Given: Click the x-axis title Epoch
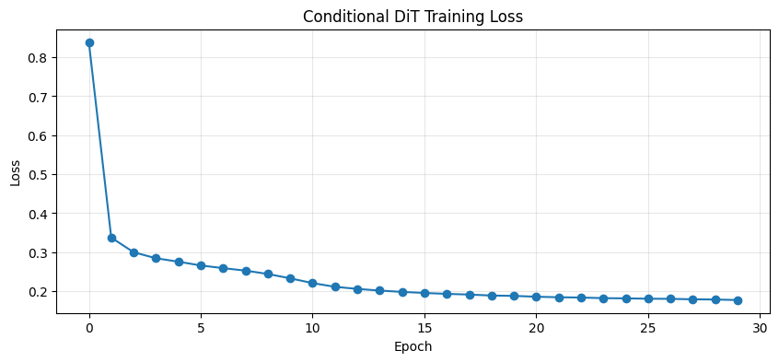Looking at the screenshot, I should [x=413, y=347].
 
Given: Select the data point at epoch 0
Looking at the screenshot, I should [x=89, y=42].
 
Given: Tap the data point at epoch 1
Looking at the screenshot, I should [x=111, y=238].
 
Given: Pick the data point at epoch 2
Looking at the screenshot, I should [x=134, y=252].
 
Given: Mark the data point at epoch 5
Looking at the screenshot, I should [x=201, y=265].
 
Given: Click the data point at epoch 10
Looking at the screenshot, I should [x=312, y=283].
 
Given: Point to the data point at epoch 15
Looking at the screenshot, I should [x=424, y=293].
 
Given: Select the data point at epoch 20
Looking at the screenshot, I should [x=536, y=297].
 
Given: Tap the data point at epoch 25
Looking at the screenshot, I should [x=648, y=298].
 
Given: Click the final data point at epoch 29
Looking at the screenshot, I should [x=738, y=300].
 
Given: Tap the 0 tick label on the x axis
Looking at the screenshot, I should [x=89, y=328].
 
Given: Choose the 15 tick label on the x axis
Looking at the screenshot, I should [x=424, y=328].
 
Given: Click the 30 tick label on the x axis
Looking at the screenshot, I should [x=760, y=328].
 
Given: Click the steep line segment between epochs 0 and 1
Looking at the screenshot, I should [x=100, y=140].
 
